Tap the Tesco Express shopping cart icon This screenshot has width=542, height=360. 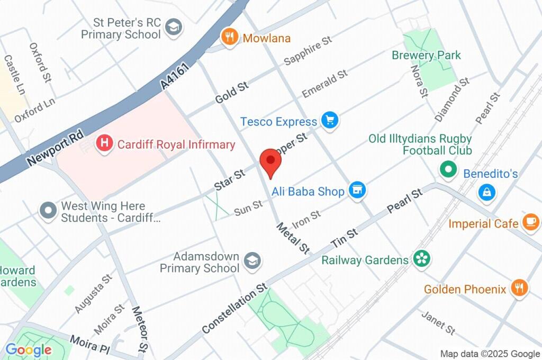331,121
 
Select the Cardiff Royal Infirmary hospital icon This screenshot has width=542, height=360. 105,143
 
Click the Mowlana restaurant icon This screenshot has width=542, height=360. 229,37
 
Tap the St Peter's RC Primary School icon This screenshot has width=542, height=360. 174,28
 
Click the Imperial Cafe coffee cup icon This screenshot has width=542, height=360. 530,222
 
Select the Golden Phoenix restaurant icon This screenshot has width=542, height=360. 519,289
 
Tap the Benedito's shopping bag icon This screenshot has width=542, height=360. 486,193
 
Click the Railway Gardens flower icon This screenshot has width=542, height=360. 422,259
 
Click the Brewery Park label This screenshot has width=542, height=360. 426,55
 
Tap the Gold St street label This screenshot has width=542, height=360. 231,93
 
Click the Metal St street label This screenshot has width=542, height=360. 293,238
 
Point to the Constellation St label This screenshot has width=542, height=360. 234,309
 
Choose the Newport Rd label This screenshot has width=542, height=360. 56,148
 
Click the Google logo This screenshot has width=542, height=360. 29,349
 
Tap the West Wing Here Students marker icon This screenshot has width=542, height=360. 49,211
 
